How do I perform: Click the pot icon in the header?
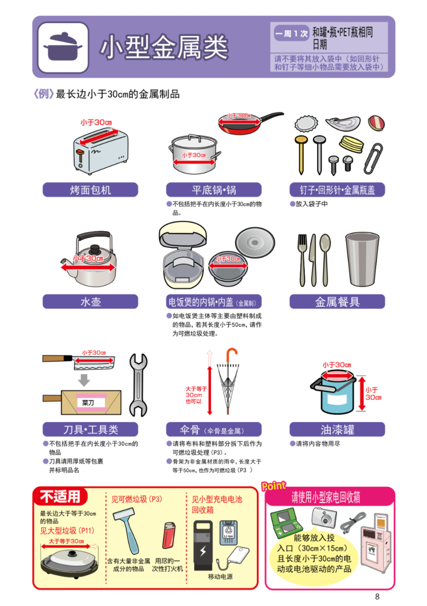(63, 47)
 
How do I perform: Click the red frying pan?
(250, 123)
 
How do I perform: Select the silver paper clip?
(373, 158)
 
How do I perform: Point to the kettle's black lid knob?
(95, 248)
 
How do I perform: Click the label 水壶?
(90, 302)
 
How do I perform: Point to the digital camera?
(324, 518)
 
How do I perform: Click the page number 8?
(377, 596)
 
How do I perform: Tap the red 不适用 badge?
(60, 496)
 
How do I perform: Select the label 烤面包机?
(90, 190)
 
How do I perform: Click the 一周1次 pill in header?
(291, 33)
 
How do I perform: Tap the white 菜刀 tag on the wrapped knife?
(88, 403)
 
